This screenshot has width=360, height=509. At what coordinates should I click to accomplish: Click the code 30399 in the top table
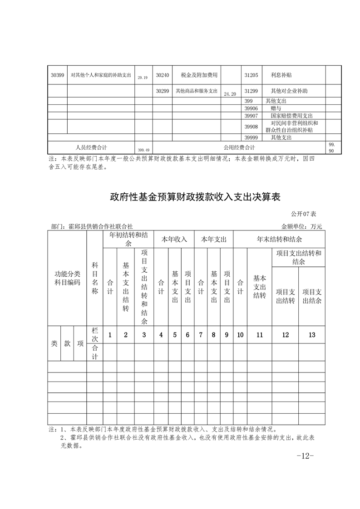point(57,75)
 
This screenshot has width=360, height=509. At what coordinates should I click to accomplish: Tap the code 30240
point(162,75)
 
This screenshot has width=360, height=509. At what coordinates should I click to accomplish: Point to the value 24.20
point(230,94)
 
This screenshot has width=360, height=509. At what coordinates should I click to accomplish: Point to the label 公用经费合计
point(239,147)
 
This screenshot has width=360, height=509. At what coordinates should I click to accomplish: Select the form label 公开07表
point(306,213)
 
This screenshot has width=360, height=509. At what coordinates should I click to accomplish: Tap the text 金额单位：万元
point(301,226)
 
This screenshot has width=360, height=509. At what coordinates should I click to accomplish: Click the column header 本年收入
point(174,239)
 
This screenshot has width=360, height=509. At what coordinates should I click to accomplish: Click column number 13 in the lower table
point(311,335)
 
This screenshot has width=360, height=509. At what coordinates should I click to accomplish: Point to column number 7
point(201,335)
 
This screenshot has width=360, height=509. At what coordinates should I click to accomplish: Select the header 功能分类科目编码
point(67,278)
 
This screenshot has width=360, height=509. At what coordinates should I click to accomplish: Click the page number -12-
point(305,456)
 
